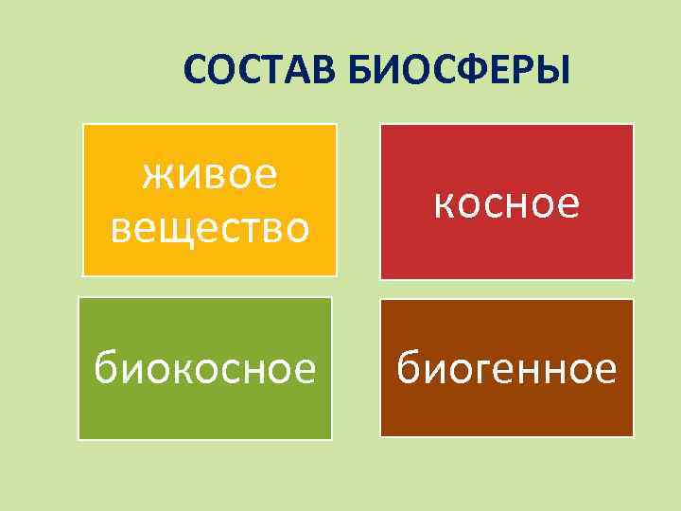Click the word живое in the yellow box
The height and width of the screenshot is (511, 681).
[x=209, y=174]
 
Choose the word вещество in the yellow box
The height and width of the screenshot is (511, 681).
[x=209, y=227]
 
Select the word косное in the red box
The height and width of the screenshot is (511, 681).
[x=506, y=203]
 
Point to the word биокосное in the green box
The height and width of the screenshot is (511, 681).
[x=204, y=369]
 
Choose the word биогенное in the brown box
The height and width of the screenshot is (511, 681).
[x=506, y=368]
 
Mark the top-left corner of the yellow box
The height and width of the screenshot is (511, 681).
[x=83, y=124]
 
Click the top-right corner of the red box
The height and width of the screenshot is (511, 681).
[x=633, y=125]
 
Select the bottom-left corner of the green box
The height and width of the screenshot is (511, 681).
[x=79, y=439]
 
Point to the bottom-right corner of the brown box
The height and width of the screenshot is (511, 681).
[x=633, y=436]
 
